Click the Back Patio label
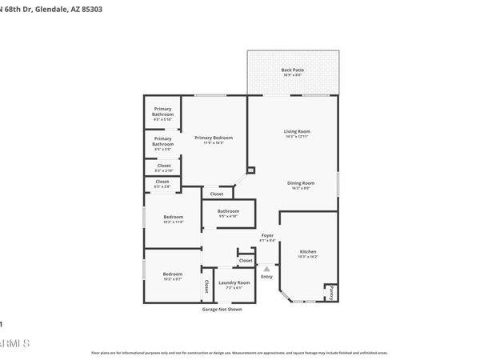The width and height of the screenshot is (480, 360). (292, 70)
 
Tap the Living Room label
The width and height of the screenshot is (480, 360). (297, 131)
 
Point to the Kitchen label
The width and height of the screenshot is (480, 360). (308, 251)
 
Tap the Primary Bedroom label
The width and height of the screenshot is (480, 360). (214, 138)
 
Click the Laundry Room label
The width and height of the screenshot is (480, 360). (238, 282)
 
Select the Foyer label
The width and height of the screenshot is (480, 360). (267, 235)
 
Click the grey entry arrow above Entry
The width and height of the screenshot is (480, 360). (266, 269)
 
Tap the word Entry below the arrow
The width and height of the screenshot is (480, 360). (266, 277)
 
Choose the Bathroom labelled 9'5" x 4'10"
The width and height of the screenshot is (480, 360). (228, 211)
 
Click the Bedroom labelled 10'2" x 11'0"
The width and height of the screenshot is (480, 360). (174, 217)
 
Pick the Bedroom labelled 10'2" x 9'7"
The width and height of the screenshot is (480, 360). (174, 274)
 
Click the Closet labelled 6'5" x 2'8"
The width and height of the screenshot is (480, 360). (162, 182)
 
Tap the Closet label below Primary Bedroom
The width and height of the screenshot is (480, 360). (217, 194)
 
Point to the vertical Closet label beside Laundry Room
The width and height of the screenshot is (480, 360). (206, 286)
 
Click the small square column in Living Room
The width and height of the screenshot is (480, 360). (250, 170)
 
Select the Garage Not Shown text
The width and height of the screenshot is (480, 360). (222, 309)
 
